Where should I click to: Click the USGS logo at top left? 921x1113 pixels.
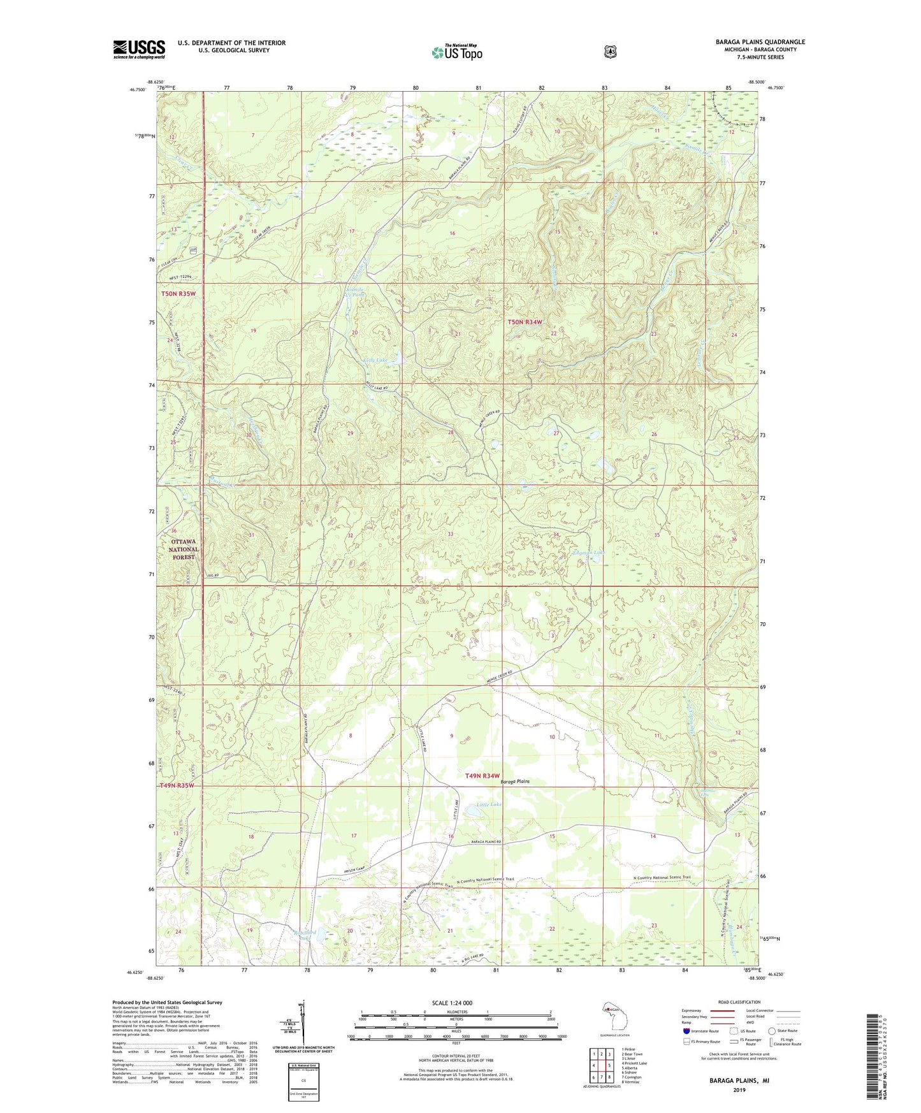pyautogui.click(x=139, y=49)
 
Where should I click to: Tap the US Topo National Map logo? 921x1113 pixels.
pyautogui.click(x=456, y=52)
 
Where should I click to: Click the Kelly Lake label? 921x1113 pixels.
pyautogui.click(x=375, y=360)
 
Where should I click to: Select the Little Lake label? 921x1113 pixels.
pyautogui.click(x=489, y=804)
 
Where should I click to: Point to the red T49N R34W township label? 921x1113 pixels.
pyautogui.click(x=490, y=776)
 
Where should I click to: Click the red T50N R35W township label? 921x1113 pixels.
pyautogui.click(x=182, y=294)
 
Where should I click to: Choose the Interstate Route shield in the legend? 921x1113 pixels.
pyautogui.click(x=686, y=1030)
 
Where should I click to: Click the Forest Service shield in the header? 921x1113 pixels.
pyautogui.click(x=610, y=52)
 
